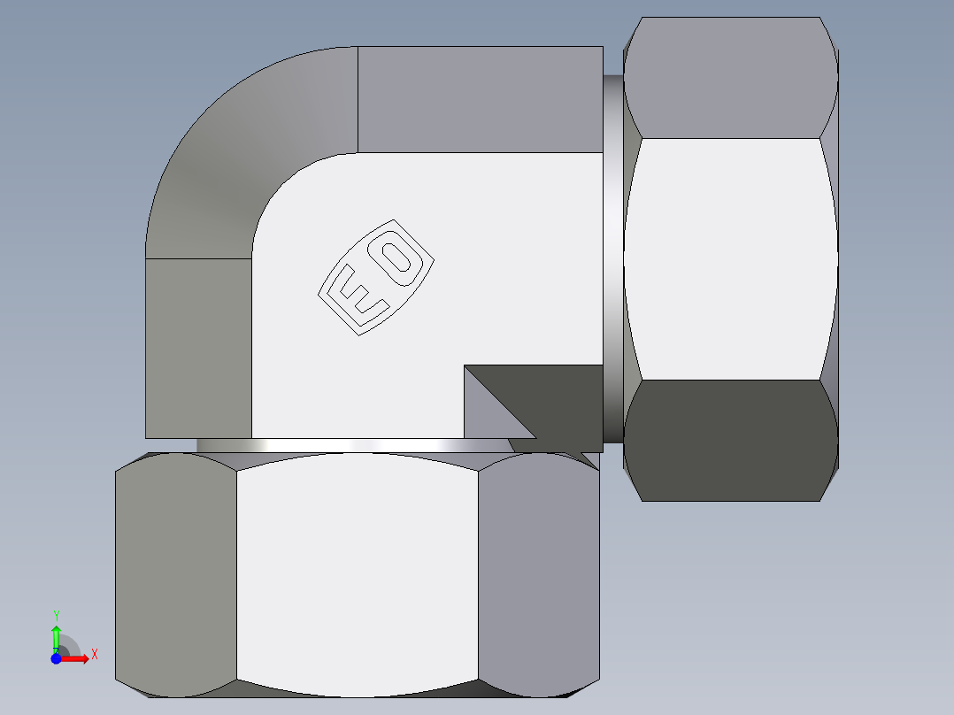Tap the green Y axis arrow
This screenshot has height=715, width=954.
(x=56, y=634)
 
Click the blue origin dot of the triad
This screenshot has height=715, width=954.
(x=56, y=658)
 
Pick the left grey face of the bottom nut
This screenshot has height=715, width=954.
(x=176, y=575)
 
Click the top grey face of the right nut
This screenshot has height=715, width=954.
(x=730, y=80)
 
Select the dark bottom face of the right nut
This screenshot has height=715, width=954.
(x=730, y=438)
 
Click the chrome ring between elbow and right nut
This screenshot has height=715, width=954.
(x=613, y=257)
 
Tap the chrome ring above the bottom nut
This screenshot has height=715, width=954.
(x=354, y=445)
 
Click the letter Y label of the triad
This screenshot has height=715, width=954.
(x=56, y=615)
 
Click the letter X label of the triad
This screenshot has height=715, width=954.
(x=94, y=654)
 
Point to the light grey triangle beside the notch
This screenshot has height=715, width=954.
(x=483, y=407)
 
